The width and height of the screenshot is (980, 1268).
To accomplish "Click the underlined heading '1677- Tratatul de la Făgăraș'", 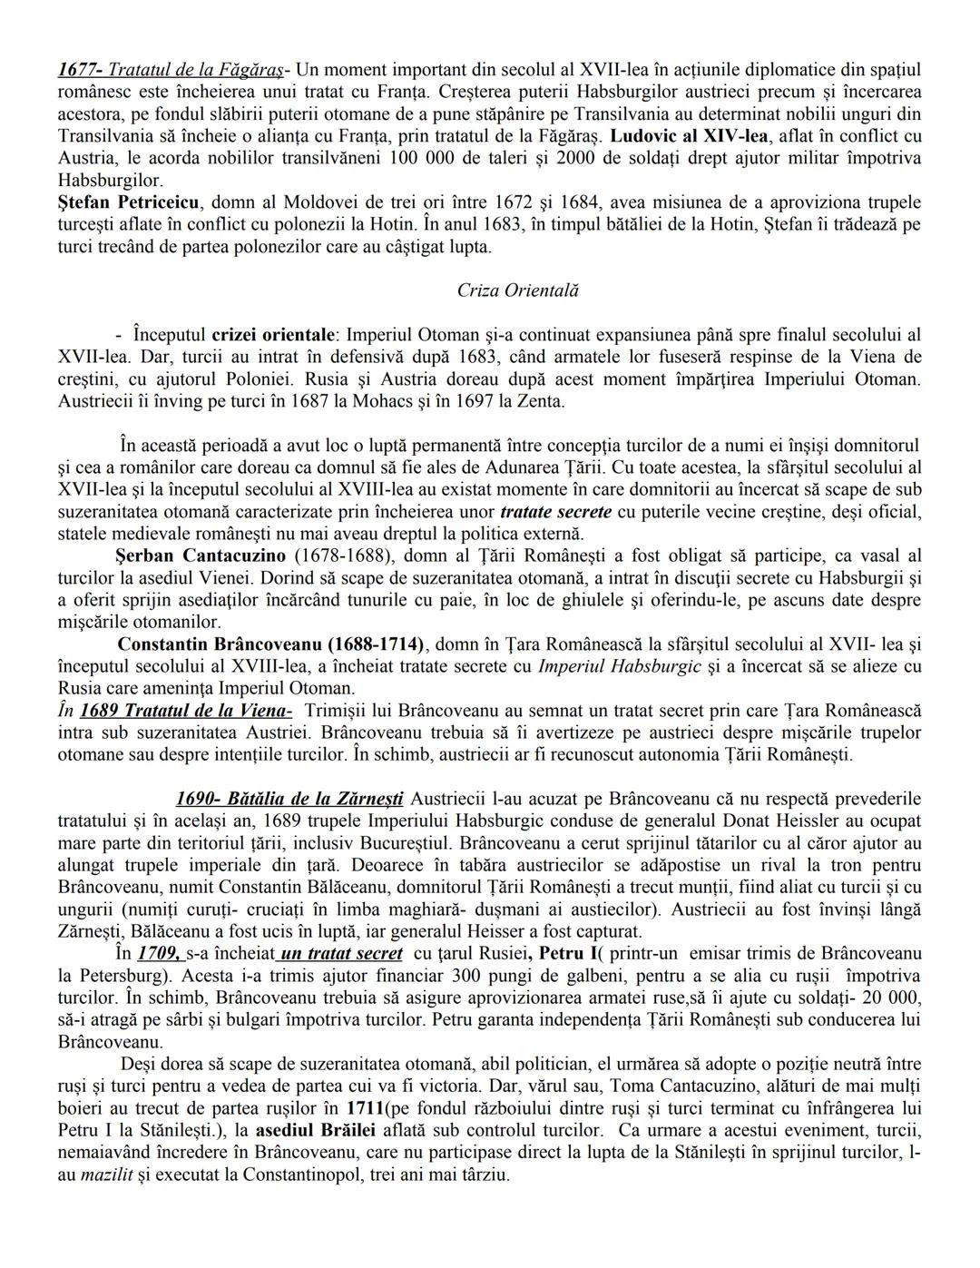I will pos(171,69).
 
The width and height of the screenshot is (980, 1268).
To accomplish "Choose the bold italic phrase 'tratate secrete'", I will pos(555,512).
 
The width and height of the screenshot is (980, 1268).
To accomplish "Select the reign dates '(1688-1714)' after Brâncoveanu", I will pos(378,644).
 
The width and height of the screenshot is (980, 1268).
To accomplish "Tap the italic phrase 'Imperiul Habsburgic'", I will pos(620,666).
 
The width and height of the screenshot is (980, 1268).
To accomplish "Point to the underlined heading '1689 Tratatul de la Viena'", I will pos(186,711).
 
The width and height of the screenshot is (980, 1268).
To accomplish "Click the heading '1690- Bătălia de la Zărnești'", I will pos(289,799).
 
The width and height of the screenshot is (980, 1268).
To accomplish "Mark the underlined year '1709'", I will pos(160,953).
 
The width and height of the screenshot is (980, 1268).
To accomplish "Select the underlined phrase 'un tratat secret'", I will pos(341,953).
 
